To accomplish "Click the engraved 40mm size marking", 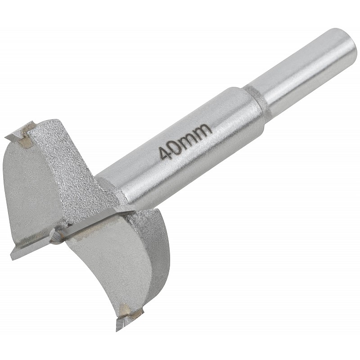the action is [x=185, y=141].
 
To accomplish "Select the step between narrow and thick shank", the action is [x=254, y=98].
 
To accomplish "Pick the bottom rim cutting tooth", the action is [x=129, y=318].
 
